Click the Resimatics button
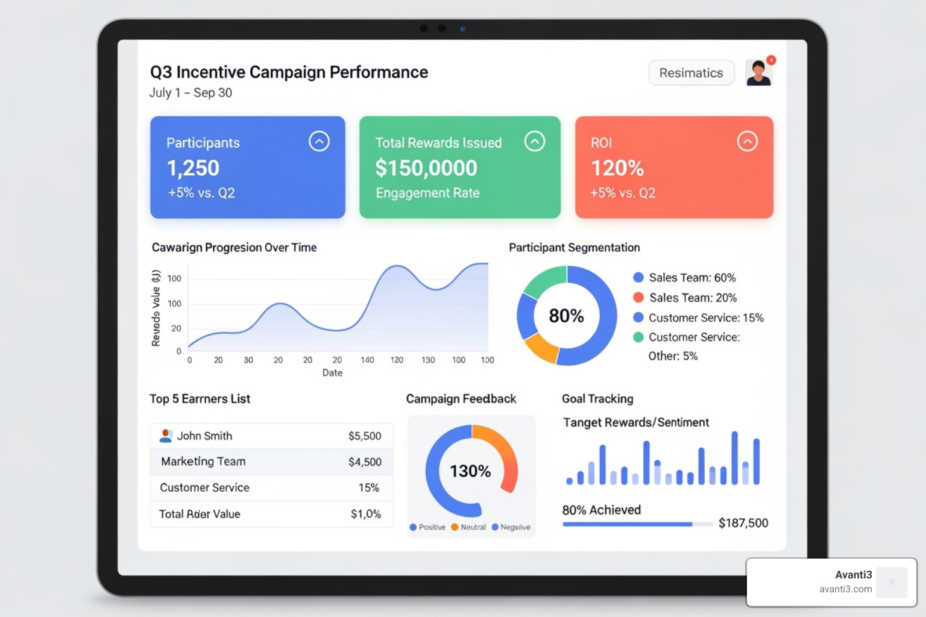[x=691, y=73]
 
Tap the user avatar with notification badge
[x=758, y=73]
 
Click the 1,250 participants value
[x=193, y=168]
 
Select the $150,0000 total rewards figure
[x=426, y=168]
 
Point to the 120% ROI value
[x=617, y=168]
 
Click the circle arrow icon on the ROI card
[x=747, y=142]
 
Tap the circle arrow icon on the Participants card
[x=319, y=142]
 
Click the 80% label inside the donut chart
[x=566, y=316]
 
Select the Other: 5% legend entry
[x=673, y=356]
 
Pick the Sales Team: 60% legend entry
[x=691, y=278]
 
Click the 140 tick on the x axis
[x=367, y=360]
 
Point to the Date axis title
[x=332, y=373]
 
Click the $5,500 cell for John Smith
[x=365, y=436]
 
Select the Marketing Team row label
[x=203, y=462]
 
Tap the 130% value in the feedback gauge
[x=470, y=471]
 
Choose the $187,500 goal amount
[x=743, y=523]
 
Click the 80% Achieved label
[x=602, y=510]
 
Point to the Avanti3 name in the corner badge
[x=853, y=575]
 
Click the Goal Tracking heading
[x=597, y=399]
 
